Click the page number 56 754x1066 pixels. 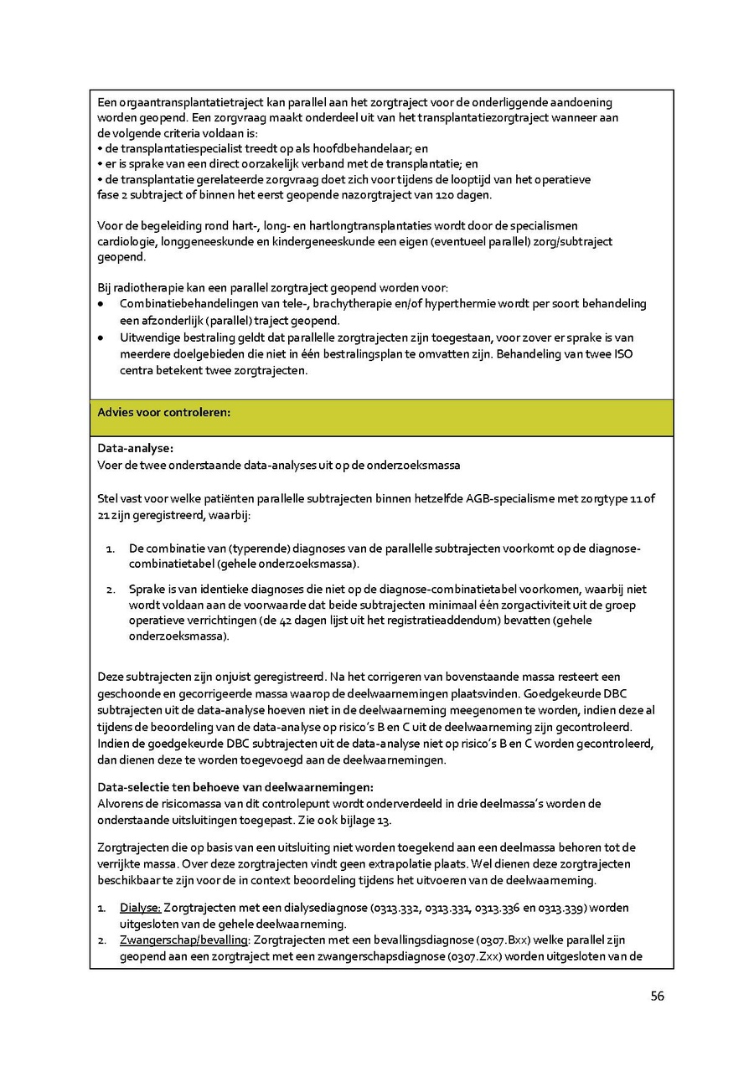657,996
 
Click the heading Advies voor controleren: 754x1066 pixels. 164,412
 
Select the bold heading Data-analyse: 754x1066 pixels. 135,448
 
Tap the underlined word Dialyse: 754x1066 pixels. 140,908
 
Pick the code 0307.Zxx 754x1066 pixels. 472,955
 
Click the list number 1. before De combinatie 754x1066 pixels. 110,548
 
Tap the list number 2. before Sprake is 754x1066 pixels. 110,590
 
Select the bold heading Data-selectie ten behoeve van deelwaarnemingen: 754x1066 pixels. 235,787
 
